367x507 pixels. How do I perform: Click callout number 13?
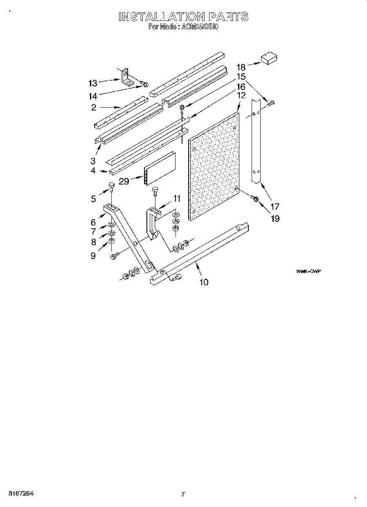click(x=93, y=83)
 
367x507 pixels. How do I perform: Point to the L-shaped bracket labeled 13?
click(x=128, y=78)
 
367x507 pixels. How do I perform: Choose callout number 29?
click(x=124, y=181)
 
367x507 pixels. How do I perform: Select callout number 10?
click(x=203, y=282)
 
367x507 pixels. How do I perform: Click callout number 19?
click(x=275, y=219)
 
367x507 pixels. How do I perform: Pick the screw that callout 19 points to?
click(x=255, y=198)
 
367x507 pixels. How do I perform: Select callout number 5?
click(x=93, y=199)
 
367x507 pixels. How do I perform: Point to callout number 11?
click(x=176, y=198)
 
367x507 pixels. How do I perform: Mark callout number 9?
click(x=93, y=256)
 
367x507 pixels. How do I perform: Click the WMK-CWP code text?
click(x=308, y=271)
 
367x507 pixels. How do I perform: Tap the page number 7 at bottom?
click(x=183, y=494)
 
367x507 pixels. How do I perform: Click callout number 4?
click(x=93, y=170)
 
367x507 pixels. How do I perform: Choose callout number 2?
click(x=94, y=108)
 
